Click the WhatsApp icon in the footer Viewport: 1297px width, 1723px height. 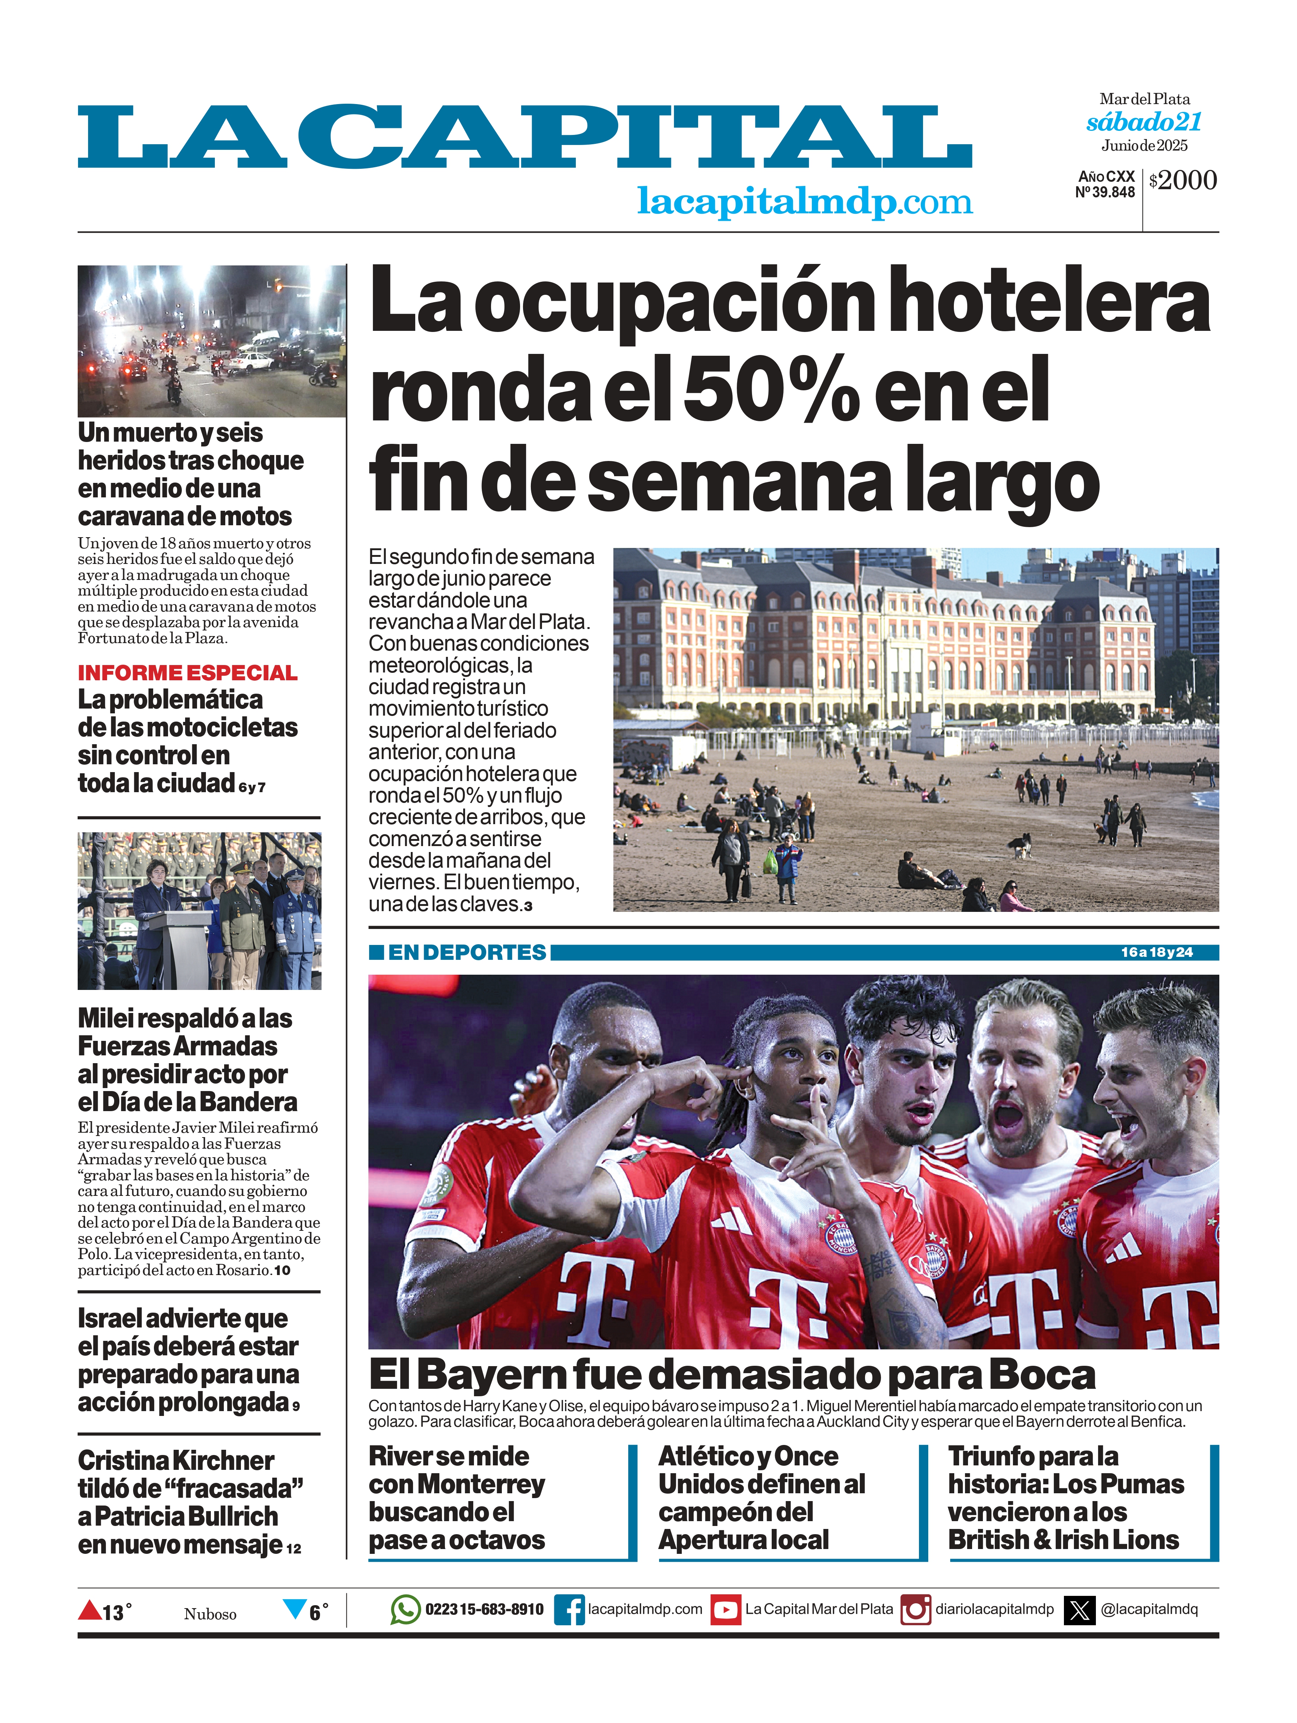coord(405,1609)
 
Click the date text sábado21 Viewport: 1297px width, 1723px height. coord(1143,122)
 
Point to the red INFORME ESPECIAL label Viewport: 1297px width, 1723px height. coord(187,672)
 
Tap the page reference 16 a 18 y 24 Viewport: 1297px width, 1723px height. coord(1157,952)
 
